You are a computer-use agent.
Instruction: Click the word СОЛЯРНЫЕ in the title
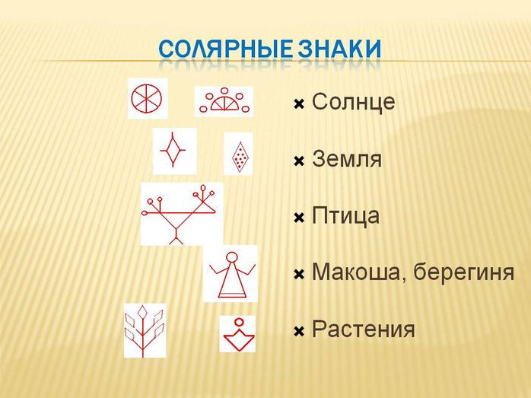pyautogui.click(x=225, y=49)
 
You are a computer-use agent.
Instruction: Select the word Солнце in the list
pyautogui.click(x=353, y=101)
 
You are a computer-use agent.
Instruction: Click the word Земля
pyautogui.click(x=347, y=158)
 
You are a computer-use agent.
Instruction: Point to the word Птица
pyautogui.click(x=345, y=216)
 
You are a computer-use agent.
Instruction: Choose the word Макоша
pyautogui.click(x=360, y=272)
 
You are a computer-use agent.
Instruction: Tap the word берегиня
pyautogui.click(x=464, y=272)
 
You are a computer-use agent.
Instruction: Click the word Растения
pyautogui.click(x=364, y=330)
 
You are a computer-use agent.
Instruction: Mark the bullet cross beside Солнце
pyautogui.click(x=299, y=104)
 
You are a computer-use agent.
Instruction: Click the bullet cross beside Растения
pyautogui.click(x=299, y=331)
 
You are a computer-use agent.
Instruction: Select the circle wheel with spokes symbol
pyautogui.click(x=146, y=98)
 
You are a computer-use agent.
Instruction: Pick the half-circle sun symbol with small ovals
pyautogui.click(x=224, y=100)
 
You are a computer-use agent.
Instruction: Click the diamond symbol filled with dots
pyautogui.click(x=239, y=157)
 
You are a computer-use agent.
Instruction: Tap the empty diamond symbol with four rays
pyautogui.click(x=173, y=149)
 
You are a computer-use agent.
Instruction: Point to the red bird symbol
pyautogui.click(x=179, y=214)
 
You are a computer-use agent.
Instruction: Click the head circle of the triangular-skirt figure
pyautogui.click(x=232, y=257)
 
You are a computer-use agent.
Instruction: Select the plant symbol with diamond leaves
pyautogui.click(x=145, y=330)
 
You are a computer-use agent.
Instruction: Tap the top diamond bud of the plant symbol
pyautogui.click(x=143, y=311)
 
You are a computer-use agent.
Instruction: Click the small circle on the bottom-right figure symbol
pyautogui.click(x=239, y=322)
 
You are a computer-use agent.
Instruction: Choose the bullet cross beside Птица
pyautogui.click(x=299, y=218)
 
